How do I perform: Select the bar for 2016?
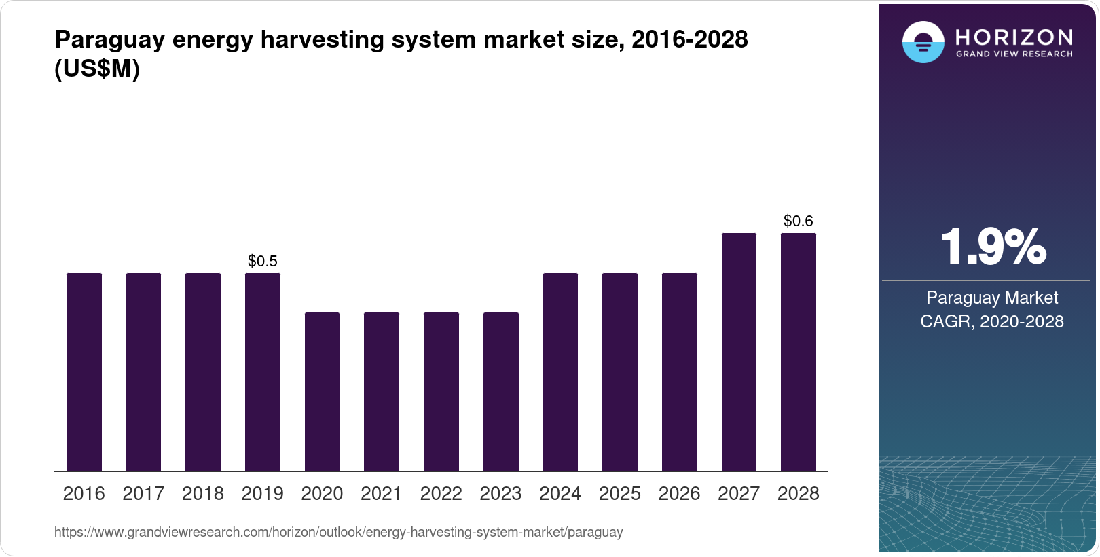[x=84, y=372]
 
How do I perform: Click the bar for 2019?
[x=263, y=372]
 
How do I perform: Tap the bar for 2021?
[x=382, y=392]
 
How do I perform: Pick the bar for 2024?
[x=560, y=372]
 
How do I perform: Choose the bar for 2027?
[x=739, y=352]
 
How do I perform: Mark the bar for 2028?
[x=799, y=352]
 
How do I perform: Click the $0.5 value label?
[x=263, y=261]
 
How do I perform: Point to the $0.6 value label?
[x=799, y=221]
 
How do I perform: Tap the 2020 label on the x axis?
[x=322, y=494]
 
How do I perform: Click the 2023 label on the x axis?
[x=500, y=494]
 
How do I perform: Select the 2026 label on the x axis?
[x=679, y=494]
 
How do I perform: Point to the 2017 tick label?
[x=143, y=494]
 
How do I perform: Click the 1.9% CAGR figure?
[x=993, y=247]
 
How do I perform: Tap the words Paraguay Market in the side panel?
[x=992, y=298]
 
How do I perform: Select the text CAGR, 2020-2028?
[x=992, y=321]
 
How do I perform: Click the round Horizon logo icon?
[x=923, y=42]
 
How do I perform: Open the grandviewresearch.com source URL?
[x=338, y=532]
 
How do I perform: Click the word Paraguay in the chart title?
[x=109, y=39]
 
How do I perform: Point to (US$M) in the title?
[x=97, y=69]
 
